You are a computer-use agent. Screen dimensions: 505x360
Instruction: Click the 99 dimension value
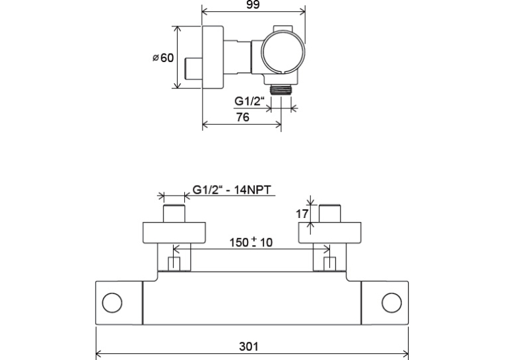click(x=253, y=5)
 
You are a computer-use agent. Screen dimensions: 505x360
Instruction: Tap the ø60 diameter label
click(x=163, y=57)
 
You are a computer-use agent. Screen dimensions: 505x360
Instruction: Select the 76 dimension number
click(x=242, y=117)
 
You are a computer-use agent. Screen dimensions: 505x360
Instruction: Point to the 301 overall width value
click(x=249, y=347)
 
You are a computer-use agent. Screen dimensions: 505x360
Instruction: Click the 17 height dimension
click(x=302, y=213)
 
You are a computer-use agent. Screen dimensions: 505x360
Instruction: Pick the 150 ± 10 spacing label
click(x=251, y=242)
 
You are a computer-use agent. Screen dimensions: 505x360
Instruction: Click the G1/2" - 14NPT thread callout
click(x=232, y=190)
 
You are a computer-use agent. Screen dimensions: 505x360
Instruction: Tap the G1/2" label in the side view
click(x=250, y=101)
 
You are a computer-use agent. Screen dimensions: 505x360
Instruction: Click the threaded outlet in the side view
click(x=281, y=90)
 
